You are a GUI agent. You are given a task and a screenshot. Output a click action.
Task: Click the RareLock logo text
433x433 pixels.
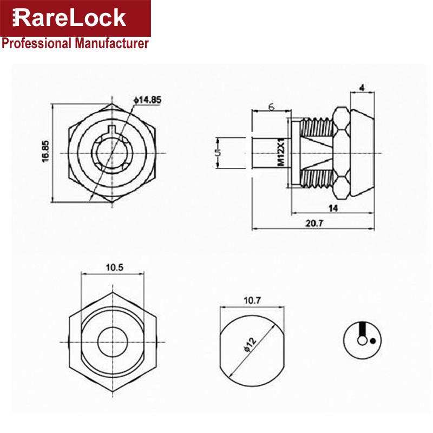pos(69,18)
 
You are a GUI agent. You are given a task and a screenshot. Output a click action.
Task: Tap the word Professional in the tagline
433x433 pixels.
pos(36,44)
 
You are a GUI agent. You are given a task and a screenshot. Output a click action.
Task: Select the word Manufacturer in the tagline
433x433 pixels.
pos(112,44)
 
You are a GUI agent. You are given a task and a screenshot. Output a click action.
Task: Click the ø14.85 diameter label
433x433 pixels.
pos(147,100)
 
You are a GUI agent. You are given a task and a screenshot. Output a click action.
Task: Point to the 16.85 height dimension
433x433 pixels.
pos(45,152)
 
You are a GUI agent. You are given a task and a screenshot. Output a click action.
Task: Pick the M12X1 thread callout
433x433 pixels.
pos(281,153)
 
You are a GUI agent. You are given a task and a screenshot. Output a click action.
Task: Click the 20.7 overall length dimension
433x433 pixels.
pos(314,223)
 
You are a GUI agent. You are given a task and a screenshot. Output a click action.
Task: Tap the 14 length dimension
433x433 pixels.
pos(333,208)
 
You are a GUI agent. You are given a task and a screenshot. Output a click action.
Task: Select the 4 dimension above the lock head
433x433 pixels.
pos(362,88)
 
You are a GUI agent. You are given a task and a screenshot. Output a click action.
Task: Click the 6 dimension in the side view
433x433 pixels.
pos(272,107)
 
